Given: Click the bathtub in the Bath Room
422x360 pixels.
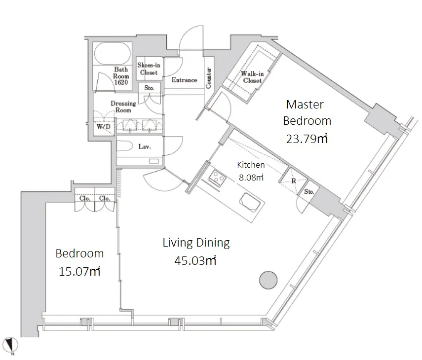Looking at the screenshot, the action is (113, 53).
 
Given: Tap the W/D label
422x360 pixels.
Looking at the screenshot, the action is (104, 126).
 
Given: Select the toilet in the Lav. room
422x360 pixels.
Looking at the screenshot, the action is (124, 146).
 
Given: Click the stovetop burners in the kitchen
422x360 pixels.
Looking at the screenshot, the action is (217, 178).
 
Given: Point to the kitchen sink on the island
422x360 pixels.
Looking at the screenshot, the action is (250, 202).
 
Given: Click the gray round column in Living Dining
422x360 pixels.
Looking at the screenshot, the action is (268, 280).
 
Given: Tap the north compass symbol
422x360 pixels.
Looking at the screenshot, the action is (11, 345).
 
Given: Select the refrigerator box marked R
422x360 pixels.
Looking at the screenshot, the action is (293, 180).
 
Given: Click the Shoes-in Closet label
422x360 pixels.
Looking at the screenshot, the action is (149, 69).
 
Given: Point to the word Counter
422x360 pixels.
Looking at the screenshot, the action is (209, 78).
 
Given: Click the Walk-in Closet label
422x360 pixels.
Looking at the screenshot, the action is (252, 77).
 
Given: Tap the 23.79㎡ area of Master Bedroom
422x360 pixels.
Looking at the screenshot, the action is (307, 139).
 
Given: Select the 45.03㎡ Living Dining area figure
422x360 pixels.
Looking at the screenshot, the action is (195, 260).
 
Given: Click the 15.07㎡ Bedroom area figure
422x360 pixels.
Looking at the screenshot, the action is (79, 271).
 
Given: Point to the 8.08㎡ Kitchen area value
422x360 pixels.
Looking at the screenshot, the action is (251, 178).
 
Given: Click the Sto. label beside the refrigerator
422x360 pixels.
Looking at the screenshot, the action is (309, 191).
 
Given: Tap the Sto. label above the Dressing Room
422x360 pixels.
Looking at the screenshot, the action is (149, 88).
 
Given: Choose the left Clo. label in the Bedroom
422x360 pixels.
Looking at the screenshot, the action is (85, 198).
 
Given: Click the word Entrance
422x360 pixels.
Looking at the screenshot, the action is (185, 80).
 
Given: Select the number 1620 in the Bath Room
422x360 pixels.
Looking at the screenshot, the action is (121, 82).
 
